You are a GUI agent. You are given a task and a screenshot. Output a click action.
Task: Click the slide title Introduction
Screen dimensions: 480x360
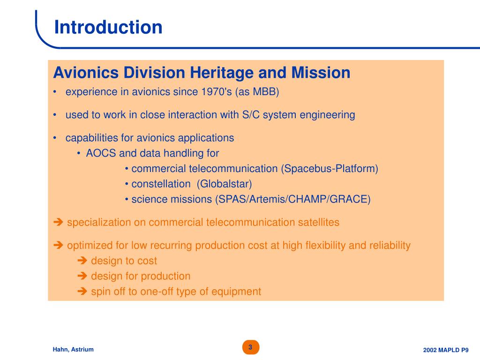click(x=108, y=27)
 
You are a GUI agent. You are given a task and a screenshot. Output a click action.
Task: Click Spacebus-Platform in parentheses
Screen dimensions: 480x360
click(x=330, y=168)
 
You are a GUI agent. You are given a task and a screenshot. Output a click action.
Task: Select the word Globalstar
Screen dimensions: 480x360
click(x=225, y=184)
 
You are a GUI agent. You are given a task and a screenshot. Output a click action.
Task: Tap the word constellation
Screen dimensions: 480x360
click(x=161, y=184)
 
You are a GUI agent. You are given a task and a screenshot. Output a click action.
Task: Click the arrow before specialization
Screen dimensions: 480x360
click(x=58, y=222)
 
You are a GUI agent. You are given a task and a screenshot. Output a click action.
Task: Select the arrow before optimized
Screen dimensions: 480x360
click(x=58, y=245)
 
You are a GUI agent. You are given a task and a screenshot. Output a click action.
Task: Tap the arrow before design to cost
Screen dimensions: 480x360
click(x=82, y=261)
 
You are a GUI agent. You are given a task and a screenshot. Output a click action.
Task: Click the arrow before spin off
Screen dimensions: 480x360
click(x=82, y=291)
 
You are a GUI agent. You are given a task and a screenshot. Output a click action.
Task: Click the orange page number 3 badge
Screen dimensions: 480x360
click(x=251, y=347)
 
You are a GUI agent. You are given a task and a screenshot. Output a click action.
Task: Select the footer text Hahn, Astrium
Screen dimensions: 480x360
click(x=73, y=349)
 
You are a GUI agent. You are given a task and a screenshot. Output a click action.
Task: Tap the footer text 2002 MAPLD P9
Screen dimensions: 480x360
click(x=446, y=350)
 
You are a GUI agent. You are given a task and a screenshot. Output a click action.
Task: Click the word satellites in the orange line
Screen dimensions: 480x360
click(x=319, y=222)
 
